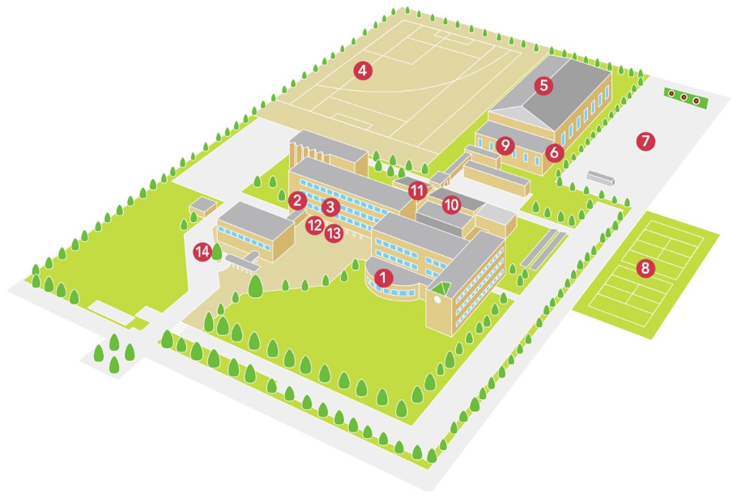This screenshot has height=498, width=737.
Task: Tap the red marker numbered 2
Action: pyautogui.click(x=297, y=200)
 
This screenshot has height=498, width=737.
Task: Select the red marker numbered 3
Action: pyautogui.click(x=329, y=206)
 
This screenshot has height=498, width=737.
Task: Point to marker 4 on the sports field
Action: pyautogui.click(x=362, y=71)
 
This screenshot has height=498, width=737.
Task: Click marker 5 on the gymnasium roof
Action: pyautogui.click(x=543, y=84)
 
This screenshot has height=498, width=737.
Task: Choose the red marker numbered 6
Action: pyautogui.click(x=555, y=151)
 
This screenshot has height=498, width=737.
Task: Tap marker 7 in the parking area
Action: pyautogui.click(x=645, y=141)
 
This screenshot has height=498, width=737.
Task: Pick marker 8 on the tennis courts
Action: pyautogui.click(x=645, y=268)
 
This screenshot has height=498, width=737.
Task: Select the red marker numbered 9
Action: pyautogui.click(x=505, y=146)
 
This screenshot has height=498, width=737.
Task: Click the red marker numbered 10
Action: pyautogui.click(x=452, y=204)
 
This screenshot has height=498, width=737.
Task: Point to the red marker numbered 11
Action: pyautogui.click(x=417, y=191)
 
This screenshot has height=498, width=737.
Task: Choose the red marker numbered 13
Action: pyautogui.click(x=334, y=234)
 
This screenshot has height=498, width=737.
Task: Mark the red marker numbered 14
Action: pyautogui.click(x=202, y=252)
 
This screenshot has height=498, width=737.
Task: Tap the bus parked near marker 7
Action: pyautogui.click(x=599, y=177)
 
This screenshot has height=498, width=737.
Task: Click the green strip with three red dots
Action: pyautogui.click(x=684, y=99)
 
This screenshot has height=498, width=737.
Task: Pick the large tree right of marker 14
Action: pyautogui.click(x=255, y=286)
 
